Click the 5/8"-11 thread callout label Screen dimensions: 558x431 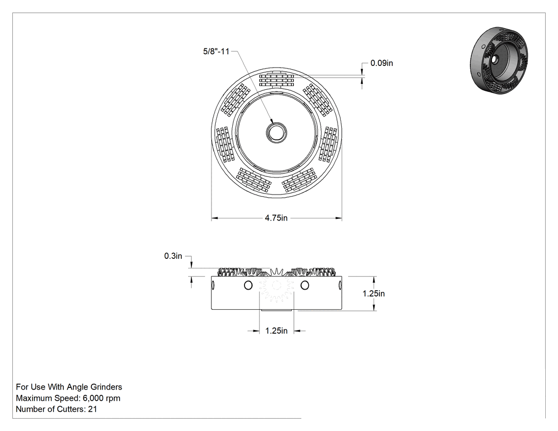click(x=216, y=51)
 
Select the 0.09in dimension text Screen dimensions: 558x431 click(x=382, y=63)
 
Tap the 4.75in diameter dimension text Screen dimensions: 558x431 click(x=276, y=218)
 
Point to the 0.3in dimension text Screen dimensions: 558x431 click(x=173, y=256)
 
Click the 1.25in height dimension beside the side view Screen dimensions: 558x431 click(x=374, y=293)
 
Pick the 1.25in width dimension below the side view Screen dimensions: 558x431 click(x=276, y=331)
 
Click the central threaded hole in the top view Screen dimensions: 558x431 click(x=276, y=133)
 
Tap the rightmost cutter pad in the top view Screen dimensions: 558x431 click(x=328, y=145)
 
